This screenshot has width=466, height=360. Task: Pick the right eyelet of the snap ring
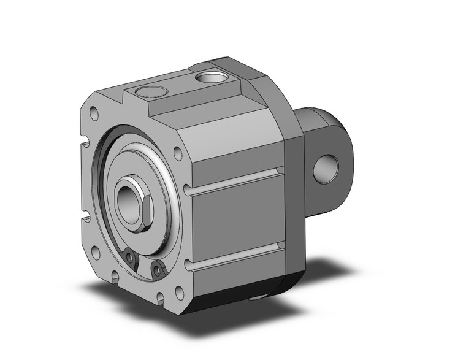click(x=159, y=269)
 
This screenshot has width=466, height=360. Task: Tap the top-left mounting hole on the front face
click(x=94, y=113)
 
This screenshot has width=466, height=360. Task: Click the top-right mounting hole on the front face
click(x=177, y=153)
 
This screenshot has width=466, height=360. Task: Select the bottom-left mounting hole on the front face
click(x=95, y=252)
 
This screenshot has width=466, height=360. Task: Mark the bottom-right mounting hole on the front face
click(x=178, y=293)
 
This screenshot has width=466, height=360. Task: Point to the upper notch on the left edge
click(x=84, y=147)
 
